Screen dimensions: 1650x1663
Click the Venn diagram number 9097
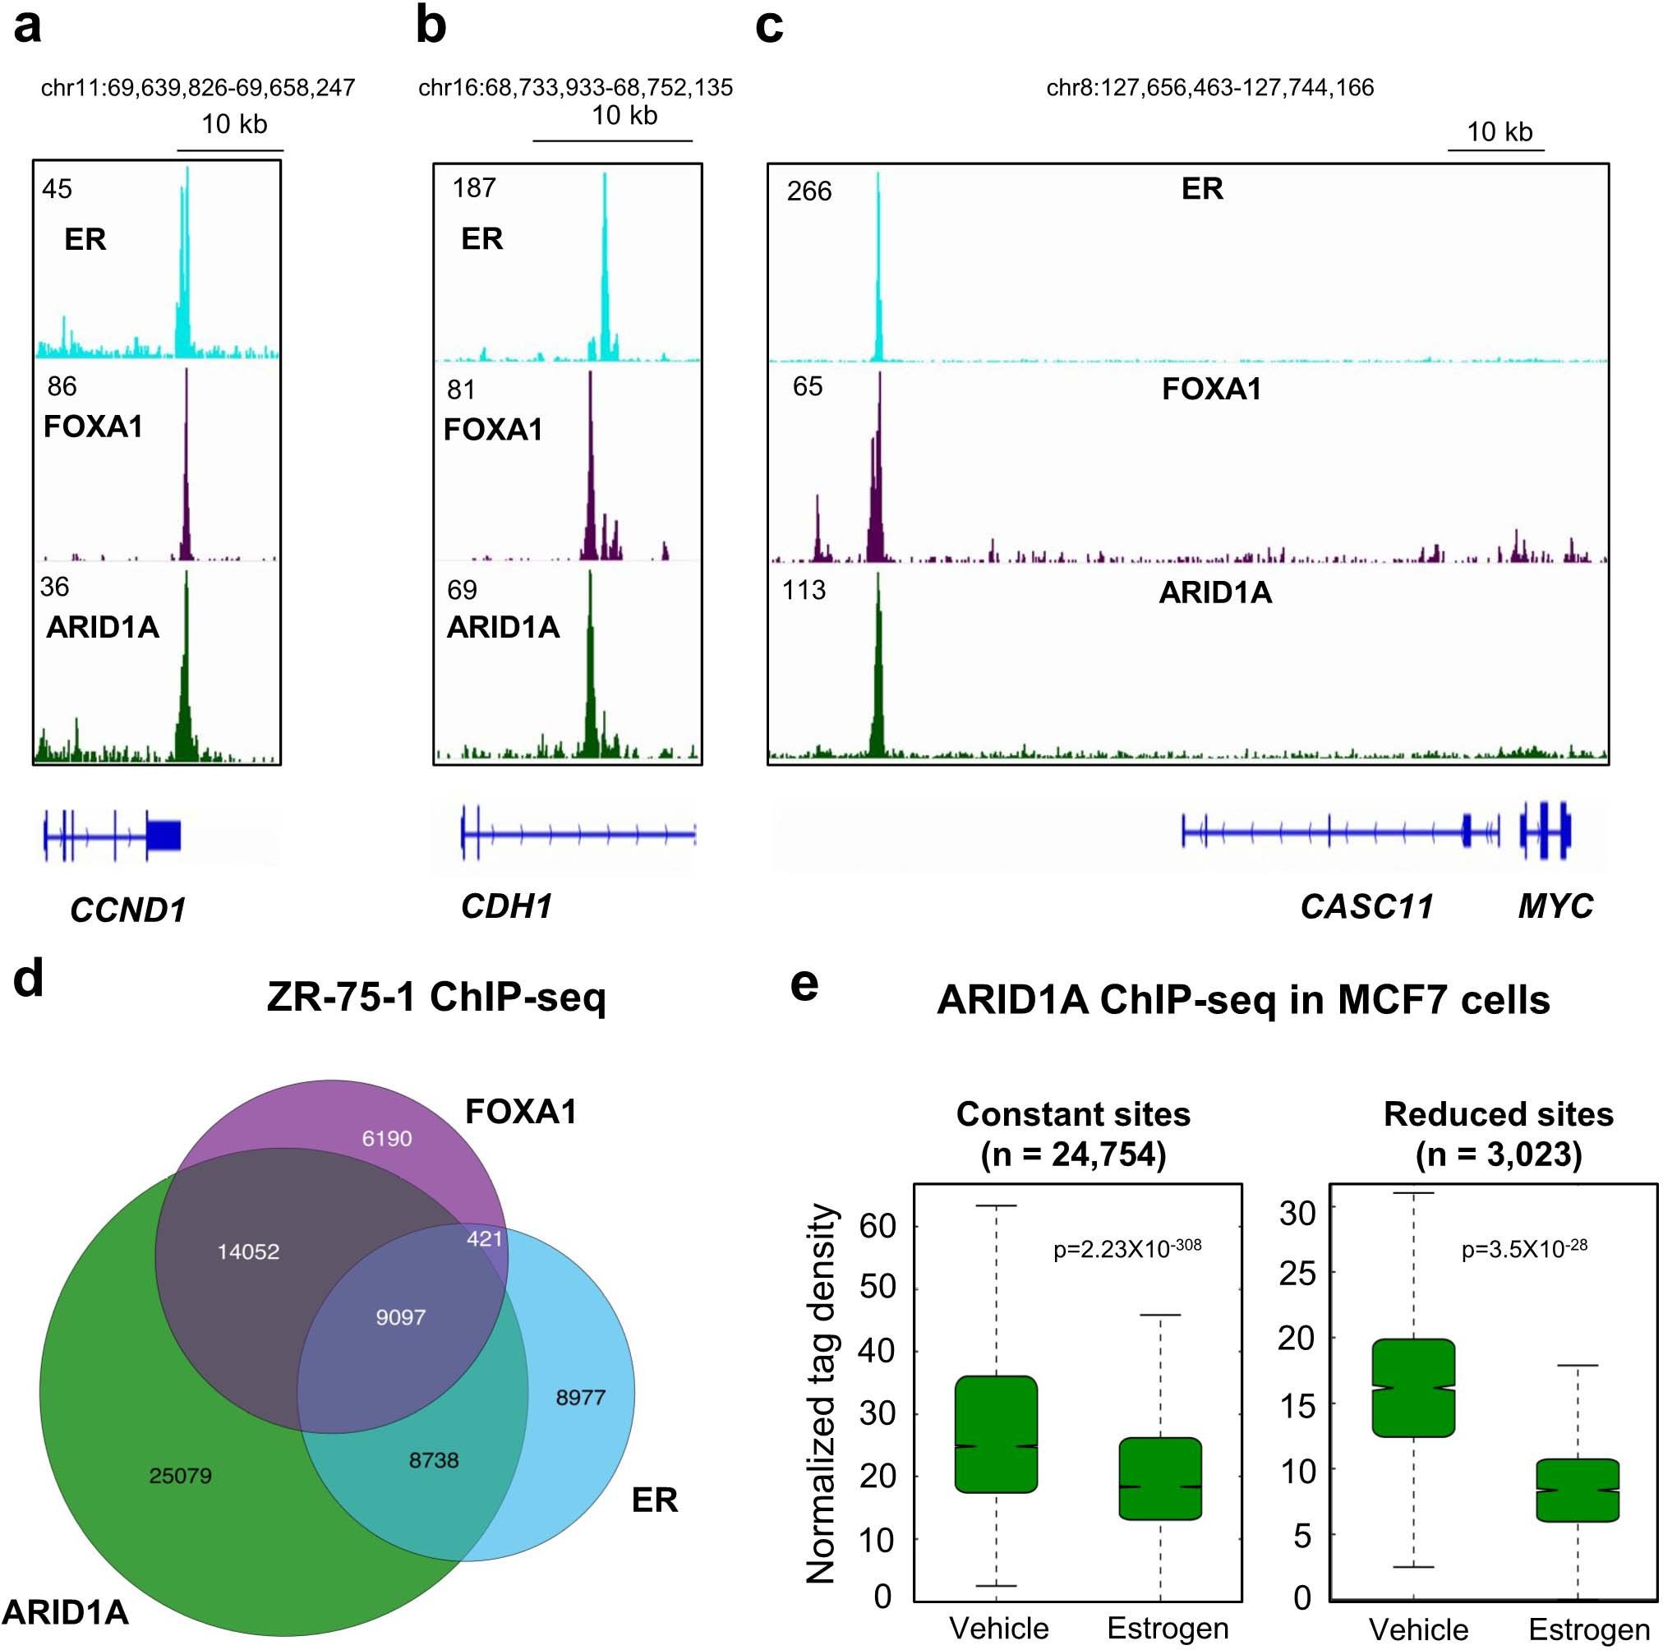pyautogui.click(x=400, y=1317)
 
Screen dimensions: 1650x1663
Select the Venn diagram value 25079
pyautogui.click(x=180, y=1475)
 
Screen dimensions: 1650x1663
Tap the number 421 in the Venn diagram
pyautogui.click(x=484, y=1238)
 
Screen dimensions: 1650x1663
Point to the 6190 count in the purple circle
pyautogui.click(x=386, y=1138)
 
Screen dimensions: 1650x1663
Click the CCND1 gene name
pyautogui.click(x=127, y=910)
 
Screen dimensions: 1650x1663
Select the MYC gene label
pyautogui.click(x=1555, y=906)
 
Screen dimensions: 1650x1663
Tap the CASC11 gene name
pyautogui.click(x=1366, y=906)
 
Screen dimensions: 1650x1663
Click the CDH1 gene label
pyautogui.click(x=506, y=906)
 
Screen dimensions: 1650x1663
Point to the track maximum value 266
pyautogui.click(x=808, y=191)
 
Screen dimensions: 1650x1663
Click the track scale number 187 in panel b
pyautogui.click(x=473, y=187)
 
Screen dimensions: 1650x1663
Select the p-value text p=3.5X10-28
pyautogui.click(x=1523, y=1249)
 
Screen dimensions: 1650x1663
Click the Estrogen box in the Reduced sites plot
pyautogui.click(x=1577, y=1490)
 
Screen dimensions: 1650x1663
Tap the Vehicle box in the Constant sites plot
pyautogui.click(x=996, y=1434)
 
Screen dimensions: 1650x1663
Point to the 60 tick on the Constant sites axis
pyautogui.click(x=878, y=1226)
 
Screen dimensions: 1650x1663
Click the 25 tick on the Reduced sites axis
pyautogui.click(x=1297, y=1273)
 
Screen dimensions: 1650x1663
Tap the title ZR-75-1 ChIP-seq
pyautogui.click(x=436, y=998)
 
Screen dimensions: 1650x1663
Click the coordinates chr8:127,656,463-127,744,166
pyautogui.click(x=1209, y=88)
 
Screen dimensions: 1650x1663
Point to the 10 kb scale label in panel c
pyautogui.click(x=1499, y=131)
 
